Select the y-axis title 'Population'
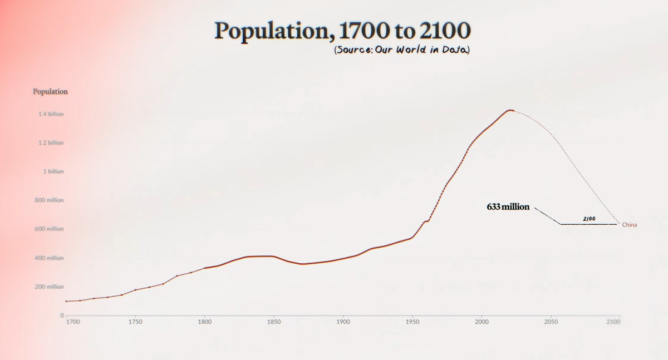(x=50, y=91)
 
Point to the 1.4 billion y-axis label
(x=51, y=114)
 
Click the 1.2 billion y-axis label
(x=51, y=143)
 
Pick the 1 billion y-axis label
(x=53, y=171)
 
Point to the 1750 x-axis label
(x=135, y=322)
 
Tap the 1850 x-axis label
(x=273, y=322)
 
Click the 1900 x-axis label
(x=343, y=322)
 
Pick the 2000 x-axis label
(x=482, y=322)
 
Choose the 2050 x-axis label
(x=551, y=322)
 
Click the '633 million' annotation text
(x=508, y=207)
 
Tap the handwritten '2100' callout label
(x=589, y=219)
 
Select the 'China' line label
(x=630, y=225)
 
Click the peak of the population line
(x=510, y=110)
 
